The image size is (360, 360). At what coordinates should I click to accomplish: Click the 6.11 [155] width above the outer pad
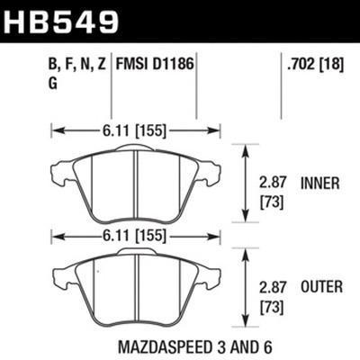132,236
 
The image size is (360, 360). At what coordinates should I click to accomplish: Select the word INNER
321,183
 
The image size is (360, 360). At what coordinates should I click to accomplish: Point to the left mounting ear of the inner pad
55,170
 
